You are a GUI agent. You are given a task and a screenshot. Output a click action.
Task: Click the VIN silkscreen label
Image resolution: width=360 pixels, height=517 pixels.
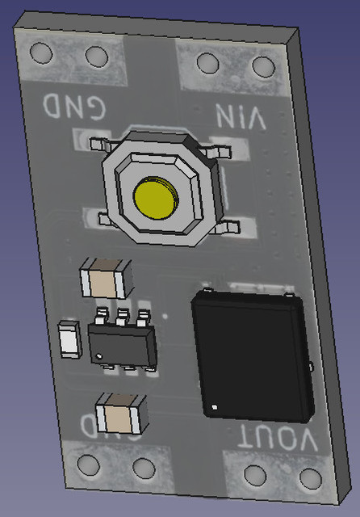coord(241,118)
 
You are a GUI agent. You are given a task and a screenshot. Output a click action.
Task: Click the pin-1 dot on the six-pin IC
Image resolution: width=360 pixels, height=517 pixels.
coord(99,356)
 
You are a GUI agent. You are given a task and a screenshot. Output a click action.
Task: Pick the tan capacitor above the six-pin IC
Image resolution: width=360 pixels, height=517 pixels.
coord(104,280)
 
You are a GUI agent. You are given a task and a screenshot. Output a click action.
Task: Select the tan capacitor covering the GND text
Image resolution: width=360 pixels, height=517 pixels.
coord(119,415)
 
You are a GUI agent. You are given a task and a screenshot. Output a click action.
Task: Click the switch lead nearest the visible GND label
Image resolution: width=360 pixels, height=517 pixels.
coord(98,144)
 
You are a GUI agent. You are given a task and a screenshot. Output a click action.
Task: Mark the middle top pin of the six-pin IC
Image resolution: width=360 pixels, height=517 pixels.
coord(123,313)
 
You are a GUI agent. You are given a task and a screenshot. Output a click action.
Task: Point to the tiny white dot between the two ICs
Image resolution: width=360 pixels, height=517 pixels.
coord(165,317)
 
